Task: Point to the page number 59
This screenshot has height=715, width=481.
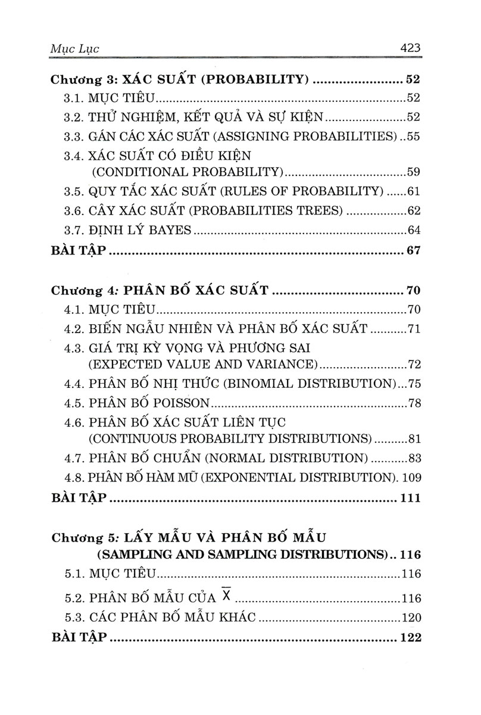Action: [413, 172]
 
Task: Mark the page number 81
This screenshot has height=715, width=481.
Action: [414, 439]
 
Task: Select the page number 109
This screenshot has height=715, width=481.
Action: [410, 477]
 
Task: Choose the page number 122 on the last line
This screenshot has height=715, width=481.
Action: [410, 637]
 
